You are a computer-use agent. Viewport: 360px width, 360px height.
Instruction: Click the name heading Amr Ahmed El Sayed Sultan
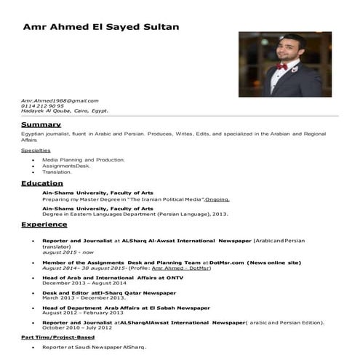pos(101,27)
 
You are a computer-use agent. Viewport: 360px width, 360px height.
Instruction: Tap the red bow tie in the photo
pos(281,67)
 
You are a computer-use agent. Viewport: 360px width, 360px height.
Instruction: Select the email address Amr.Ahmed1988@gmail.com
pos(60,100)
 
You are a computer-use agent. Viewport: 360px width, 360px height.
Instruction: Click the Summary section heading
pos(41,124)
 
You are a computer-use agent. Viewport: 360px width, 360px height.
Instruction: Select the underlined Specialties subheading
pos(36,150)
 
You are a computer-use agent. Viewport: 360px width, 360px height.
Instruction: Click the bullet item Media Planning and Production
pos(84,159)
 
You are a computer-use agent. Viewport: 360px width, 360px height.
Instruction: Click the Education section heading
pos(42,183)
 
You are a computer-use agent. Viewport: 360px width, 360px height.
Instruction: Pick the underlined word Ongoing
pos(217,199)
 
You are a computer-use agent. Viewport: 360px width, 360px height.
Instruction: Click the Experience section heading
pos(44,225)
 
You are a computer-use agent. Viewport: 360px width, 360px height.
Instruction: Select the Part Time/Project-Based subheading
pos(57,337)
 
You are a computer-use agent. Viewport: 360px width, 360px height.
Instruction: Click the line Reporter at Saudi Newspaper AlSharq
pos(95,348)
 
